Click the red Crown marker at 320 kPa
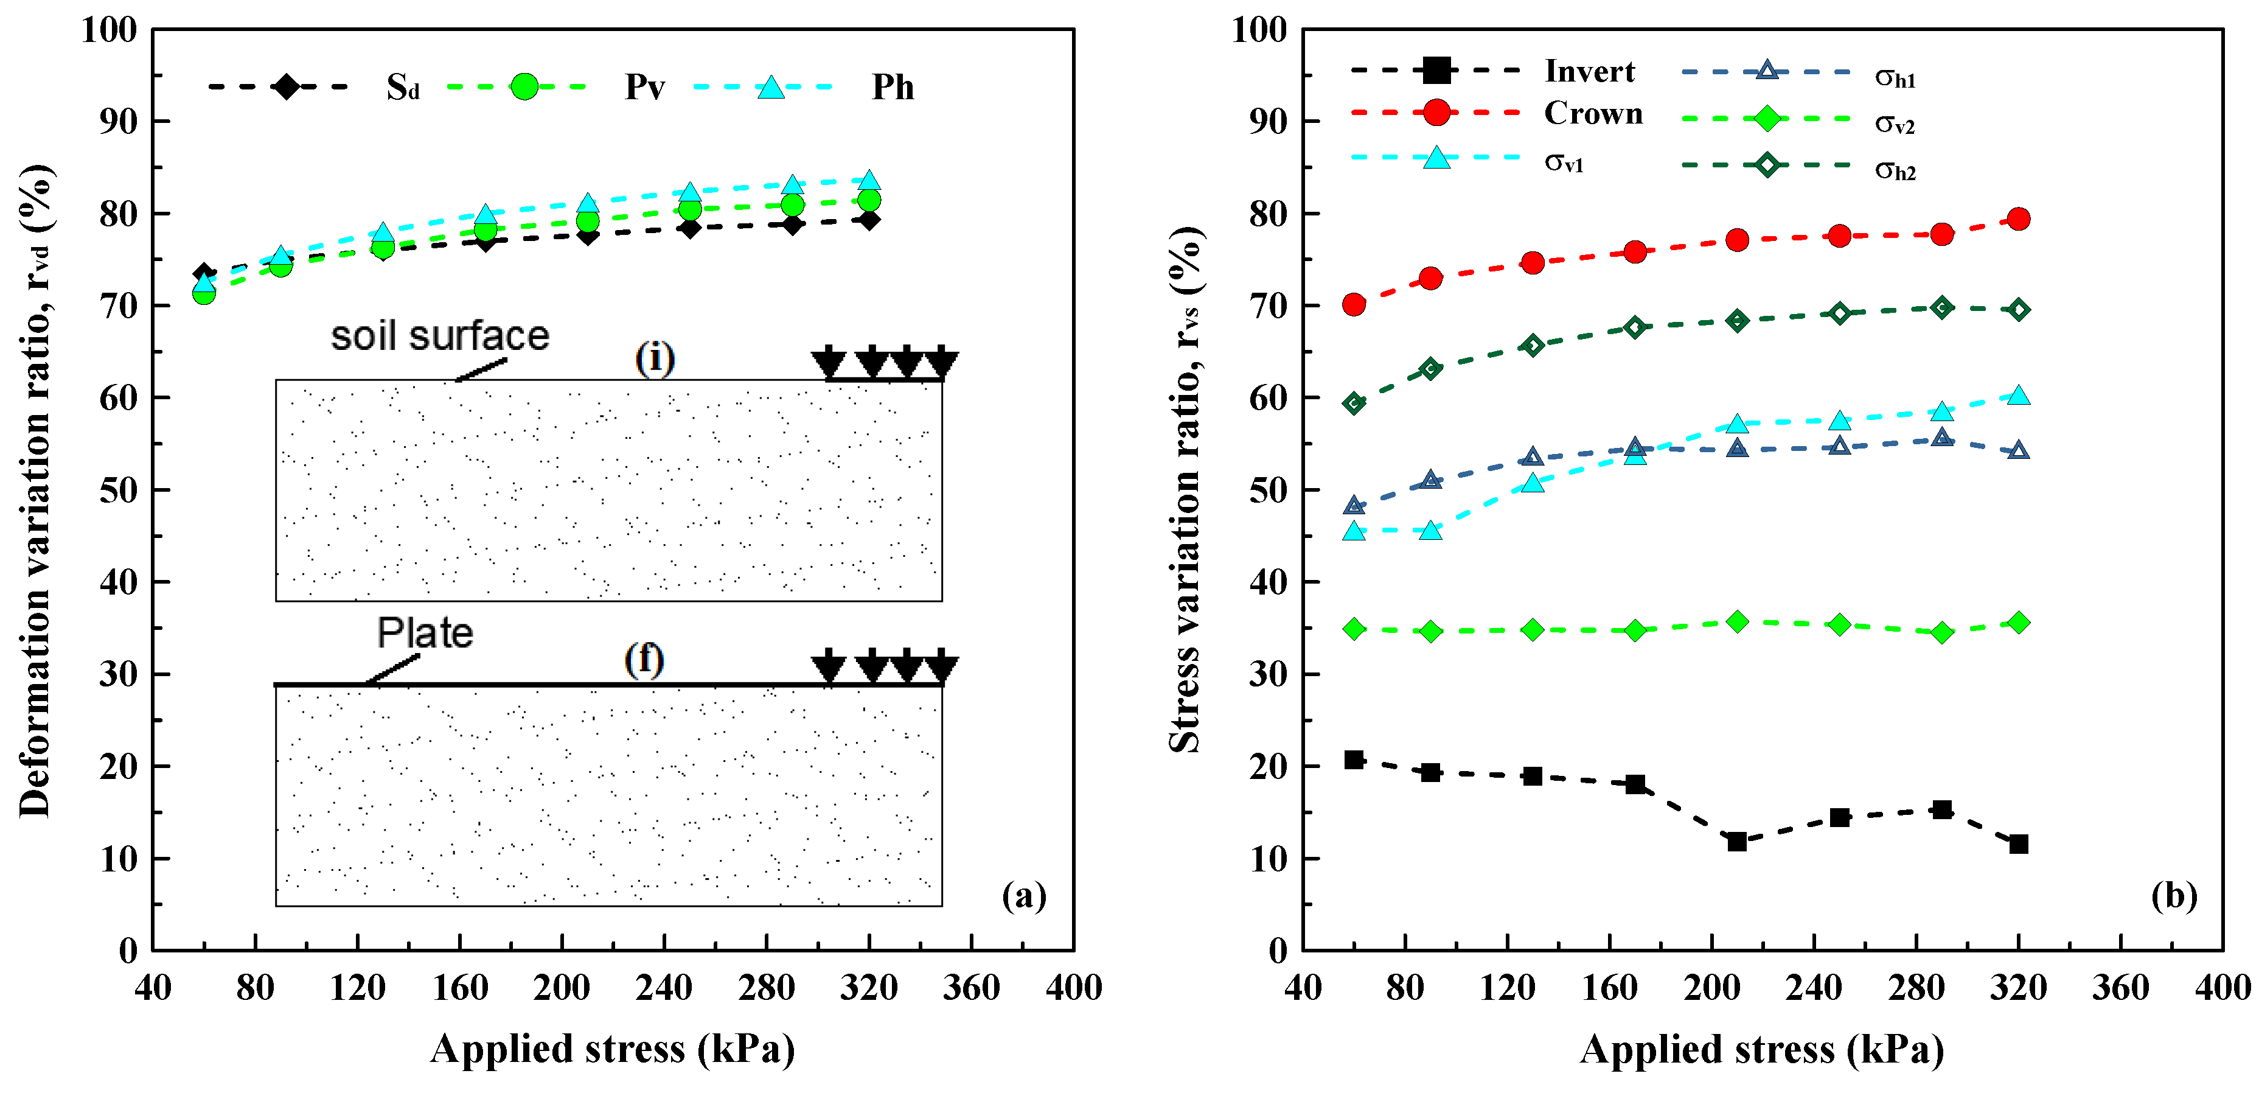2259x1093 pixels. click(x=2019, y=218)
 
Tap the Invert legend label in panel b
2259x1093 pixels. click(x=1589, y=71)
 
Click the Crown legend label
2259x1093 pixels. click(x=1593, y=113)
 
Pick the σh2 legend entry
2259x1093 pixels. click(x=1894, y=169)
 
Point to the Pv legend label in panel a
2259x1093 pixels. click(x=644, y=87)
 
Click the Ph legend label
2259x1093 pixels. click(x=893, y=87)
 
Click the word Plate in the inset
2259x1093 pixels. click(x=425, y=632)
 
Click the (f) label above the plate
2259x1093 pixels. click(x=644, y=659)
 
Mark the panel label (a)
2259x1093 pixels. click(x=1023, y=896)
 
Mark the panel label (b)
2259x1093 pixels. click(x=2174, y=896)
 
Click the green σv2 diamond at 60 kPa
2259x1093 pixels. click(x=1354, y=628)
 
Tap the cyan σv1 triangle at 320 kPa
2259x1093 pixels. click(x=2019, y=396)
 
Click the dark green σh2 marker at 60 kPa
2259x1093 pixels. click(x=1354, y=403)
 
